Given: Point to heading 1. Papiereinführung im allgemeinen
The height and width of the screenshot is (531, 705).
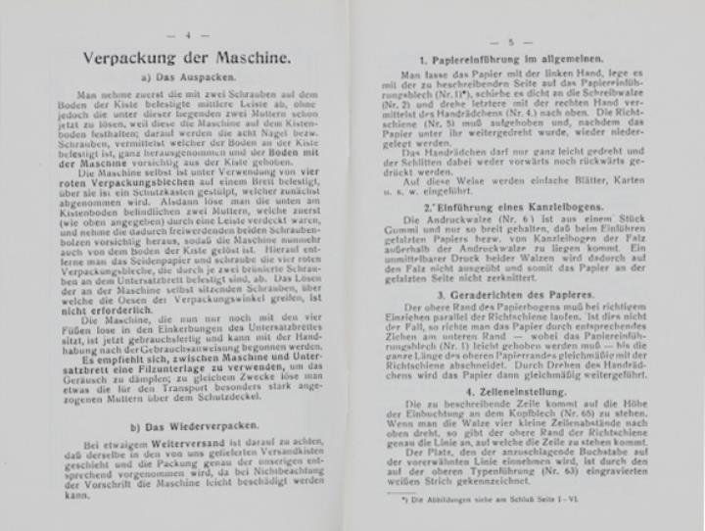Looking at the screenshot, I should [522, 62].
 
